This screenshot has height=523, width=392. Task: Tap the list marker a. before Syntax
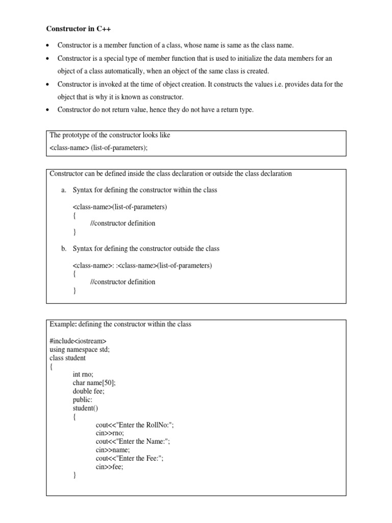[x=64, y=190]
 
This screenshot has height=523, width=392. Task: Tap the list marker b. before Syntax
[x=64, y=249]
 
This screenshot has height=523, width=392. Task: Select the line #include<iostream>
[x=78, y=341]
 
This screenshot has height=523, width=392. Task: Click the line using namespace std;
[x=80, y=349]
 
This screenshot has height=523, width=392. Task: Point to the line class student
[x=67, y=358]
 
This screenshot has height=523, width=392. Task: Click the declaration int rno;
[x=83, y=374]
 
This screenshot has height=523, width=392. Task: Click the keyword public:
[x=83, y=400]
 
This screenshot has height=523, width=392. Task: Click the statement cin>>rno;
[x=110, y=433]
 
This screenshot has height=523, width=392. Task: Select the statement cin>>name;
[x=113, y=450]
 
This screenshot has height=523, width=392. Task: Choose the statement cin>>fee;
[x=110, y=467]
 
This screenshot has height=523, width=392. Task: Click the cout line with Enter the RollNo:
[x=138, y=425]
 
